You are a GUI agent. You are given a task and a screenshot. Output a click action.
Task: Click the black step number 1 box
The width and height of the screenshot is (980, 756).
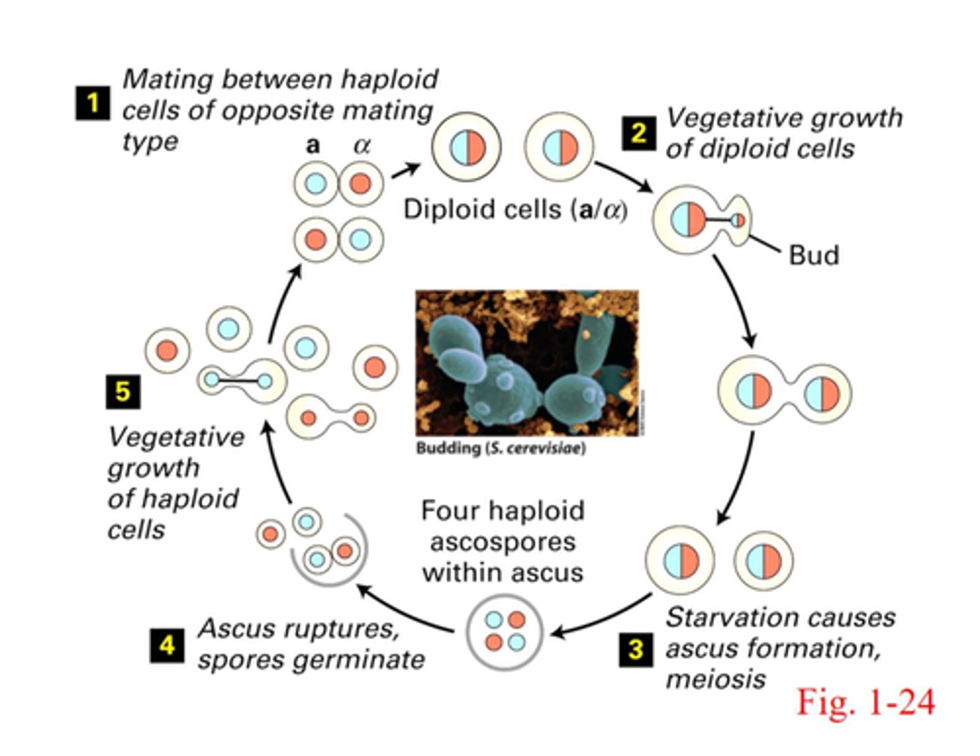point(92,103)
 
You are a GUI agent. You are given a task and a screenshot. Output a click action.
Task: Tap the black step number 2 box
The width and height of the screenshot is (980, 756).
point(638,132)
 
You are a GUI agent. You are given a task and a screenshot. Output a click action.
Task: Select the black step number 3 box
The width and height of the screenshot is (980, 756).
point(636,648)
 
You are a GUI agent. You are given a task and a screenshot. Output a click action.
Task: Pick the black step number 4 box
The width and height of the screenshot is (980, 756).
point(167,644)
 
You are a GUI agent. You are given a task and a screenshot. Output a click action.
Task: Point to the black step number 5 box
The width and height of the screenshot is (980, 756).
point(123,391)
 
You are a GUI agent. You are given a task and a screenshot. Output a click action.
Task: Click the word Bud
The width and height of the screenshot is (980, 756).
point(813,255)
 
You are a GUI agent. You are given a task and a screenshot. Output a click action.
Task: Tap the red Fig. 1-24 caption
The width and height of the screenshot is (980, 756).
point(866,701)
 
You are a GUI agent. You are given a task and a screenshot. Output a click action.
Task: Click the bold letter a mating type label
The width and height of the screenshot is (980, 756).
point(312,145)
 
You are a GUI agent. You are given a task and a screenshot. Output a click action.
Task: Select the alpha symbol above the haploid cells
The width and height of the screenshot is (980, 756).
point(361,145)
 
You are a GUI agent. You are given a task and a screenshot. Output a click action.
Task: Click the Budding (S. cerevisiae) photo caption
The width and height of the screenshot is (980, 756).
point(500,448)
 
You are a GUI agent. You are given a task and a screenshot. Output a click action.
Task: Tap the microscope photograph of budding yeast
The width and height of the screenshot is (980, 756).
point(527,363)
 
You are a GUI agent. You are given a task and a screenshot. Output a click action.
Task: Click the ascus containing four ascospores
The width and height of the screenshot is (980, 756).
point(504,631)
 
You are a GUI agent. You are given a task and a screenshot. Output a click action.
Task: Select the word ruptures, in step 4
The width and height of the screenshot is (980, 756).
point(355,629)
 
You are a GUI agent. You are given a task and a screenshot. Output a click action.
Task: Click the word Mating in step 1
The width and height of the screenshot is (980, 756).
point(169,80)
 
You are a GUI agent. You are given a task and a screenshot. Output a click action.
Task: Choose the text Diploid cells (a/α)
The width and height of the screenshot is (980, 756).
point(515,209)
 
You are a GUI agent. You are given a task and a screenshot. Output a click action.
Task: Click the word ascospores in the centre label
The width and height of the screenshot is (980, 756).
point(503,542)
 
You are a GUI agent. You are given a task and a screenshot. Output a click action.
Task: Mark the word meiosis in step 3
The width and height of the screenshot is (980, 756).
point(715,679)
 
